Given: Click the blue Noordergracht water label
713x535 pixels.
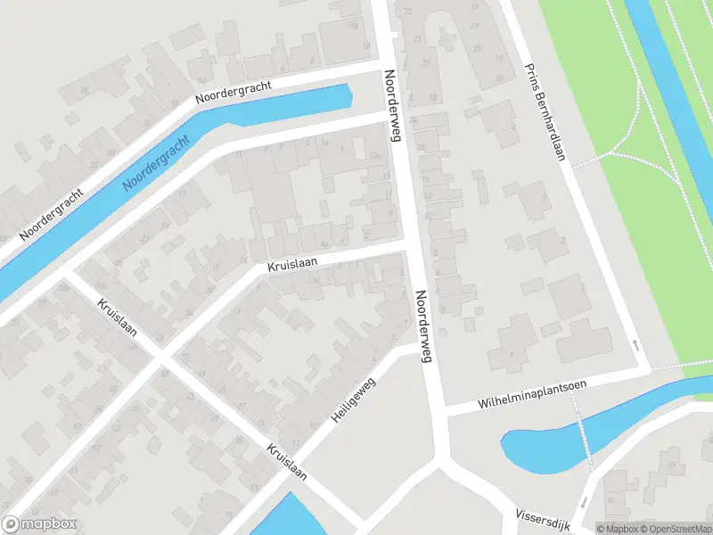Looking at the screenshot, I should tap(157, 164).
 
